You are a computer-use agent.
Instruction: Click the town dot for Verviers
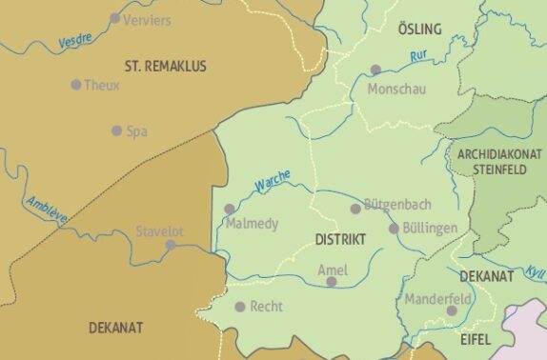(x=115, y=18)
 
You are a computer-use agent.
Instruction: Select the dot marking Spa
(x=116, y=130)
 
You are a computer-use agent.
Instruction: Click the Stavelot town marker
(x=171, y=245)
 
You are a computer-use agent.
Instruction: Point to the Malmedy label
(x=253, y=224)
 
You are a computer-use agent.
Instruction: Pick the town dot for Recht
(x=240, y=307)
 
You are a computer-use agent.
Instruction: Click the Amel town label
(x=332, y=269)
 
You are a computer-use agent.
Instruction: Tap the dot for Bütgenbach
(x=355, y=209)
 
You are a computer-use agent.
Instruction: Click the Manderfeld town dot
(x=452, y=310)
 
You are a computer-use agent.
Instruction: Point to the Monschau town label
(x=396, y=89)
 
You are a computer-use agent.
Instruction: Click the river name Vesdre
(x=75, y=41)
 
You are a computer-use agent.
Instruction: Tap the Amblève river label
(x=47, y=209)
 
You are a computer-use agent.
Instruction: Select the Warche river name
(x=273, y=180)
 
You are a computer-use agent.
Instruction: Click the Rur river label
(x=417, y=56)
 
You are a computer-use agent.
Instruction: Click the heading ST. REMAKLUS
(x=165, y=66)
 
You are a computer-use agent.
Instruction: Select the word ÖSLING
(x=419, y=30)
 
